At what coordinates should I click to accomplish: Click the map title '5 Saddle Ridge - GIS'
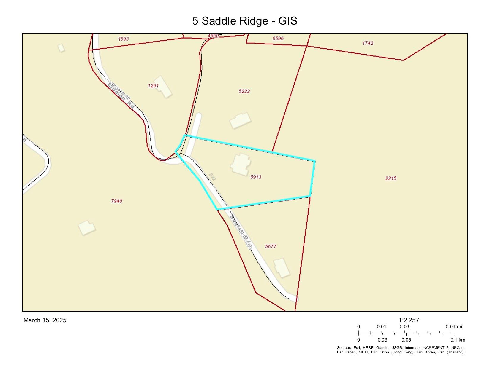[244, 21]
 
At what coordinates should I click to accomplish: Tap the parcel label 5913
[256, 177]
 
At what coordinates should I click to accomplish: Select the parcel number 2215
[391, 178]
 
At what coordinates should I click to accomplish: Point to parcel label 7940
[116, 201]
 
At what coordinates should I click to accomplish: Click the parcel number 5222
[244, 91]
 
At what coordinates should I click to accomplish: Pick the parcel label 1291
[153, 86]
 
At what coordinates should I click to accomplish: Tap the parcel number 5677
[271, 246]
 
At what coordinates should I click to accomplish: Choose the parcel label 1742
[368, 43]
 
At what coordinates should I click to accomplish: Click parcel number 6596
[278, 39]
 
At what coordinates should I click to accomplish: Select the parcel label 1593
[123, 39]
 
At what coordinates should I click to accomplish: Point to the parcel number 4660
[213, 36]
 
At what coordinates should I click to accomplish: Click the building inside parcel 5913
[241, 164]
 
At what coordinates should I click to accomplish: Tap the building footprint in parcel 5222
[240, 120]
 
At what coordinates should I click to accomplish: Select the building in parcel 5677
[281, 268]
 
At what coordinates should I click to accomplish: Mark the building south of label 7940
[87, 228]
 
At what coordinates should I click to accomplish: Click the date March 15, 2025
[45, 320]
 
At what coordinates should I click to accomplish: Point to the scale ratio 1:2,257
[409, 320]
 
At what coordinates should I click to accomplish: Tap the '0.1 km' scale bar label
[458, 340]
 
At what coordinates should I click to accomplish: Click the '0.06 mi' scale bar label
[454, 327]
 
